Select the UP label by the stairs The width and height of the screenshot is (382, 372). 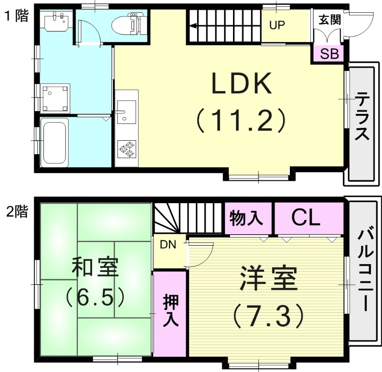(276, 26)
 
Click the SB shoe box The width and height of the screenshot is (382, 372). (329, 53)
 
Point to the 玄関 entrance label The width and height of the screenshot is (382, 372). (329, 20)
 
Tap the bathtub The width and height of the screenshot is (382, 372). (54, 142)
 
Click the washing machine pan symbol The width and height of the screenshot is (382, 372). (55, 97)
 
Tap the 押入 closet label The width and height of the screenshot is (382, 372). (170, 310)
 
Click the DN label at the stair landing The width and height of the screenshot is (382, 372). (168, 245)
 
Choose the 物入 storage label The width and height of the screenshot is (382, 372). (246, 218)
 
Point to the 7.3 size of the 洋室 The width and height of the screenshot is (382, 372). (268, 314)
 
